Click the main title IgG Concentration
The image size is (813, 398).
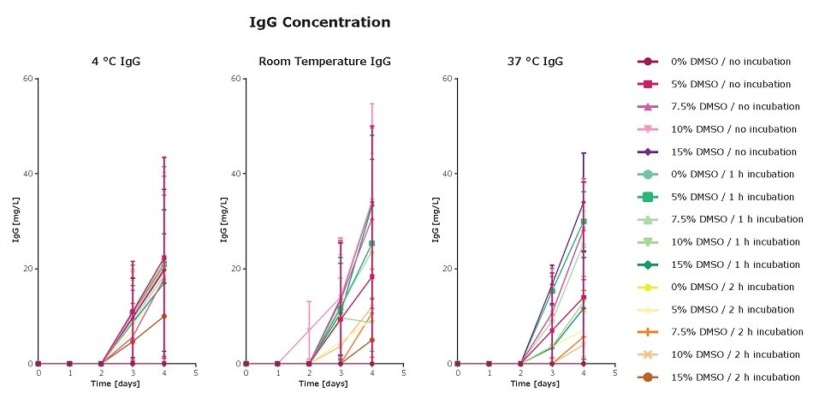[319, 22]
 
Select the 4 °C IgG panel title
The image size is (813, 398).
[117, 61]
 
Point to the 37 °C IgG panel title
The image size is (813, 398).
[536, 61]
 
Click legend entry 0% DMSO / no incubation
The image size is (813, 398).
[719, 62]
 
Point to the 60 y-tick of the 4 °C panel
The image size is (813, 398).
[28, 79]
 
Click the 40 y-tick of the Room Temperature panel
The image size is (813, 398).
[235, 174]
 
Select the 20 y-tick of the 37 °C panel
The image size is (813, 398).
[447, 269]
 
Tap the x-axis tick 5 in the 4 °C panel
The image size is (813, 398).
[195, 373]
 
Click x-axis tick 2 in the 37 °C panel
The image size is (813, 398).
[520, 373]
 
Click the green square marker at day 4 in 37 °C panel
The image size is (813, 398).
[584, 222]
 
